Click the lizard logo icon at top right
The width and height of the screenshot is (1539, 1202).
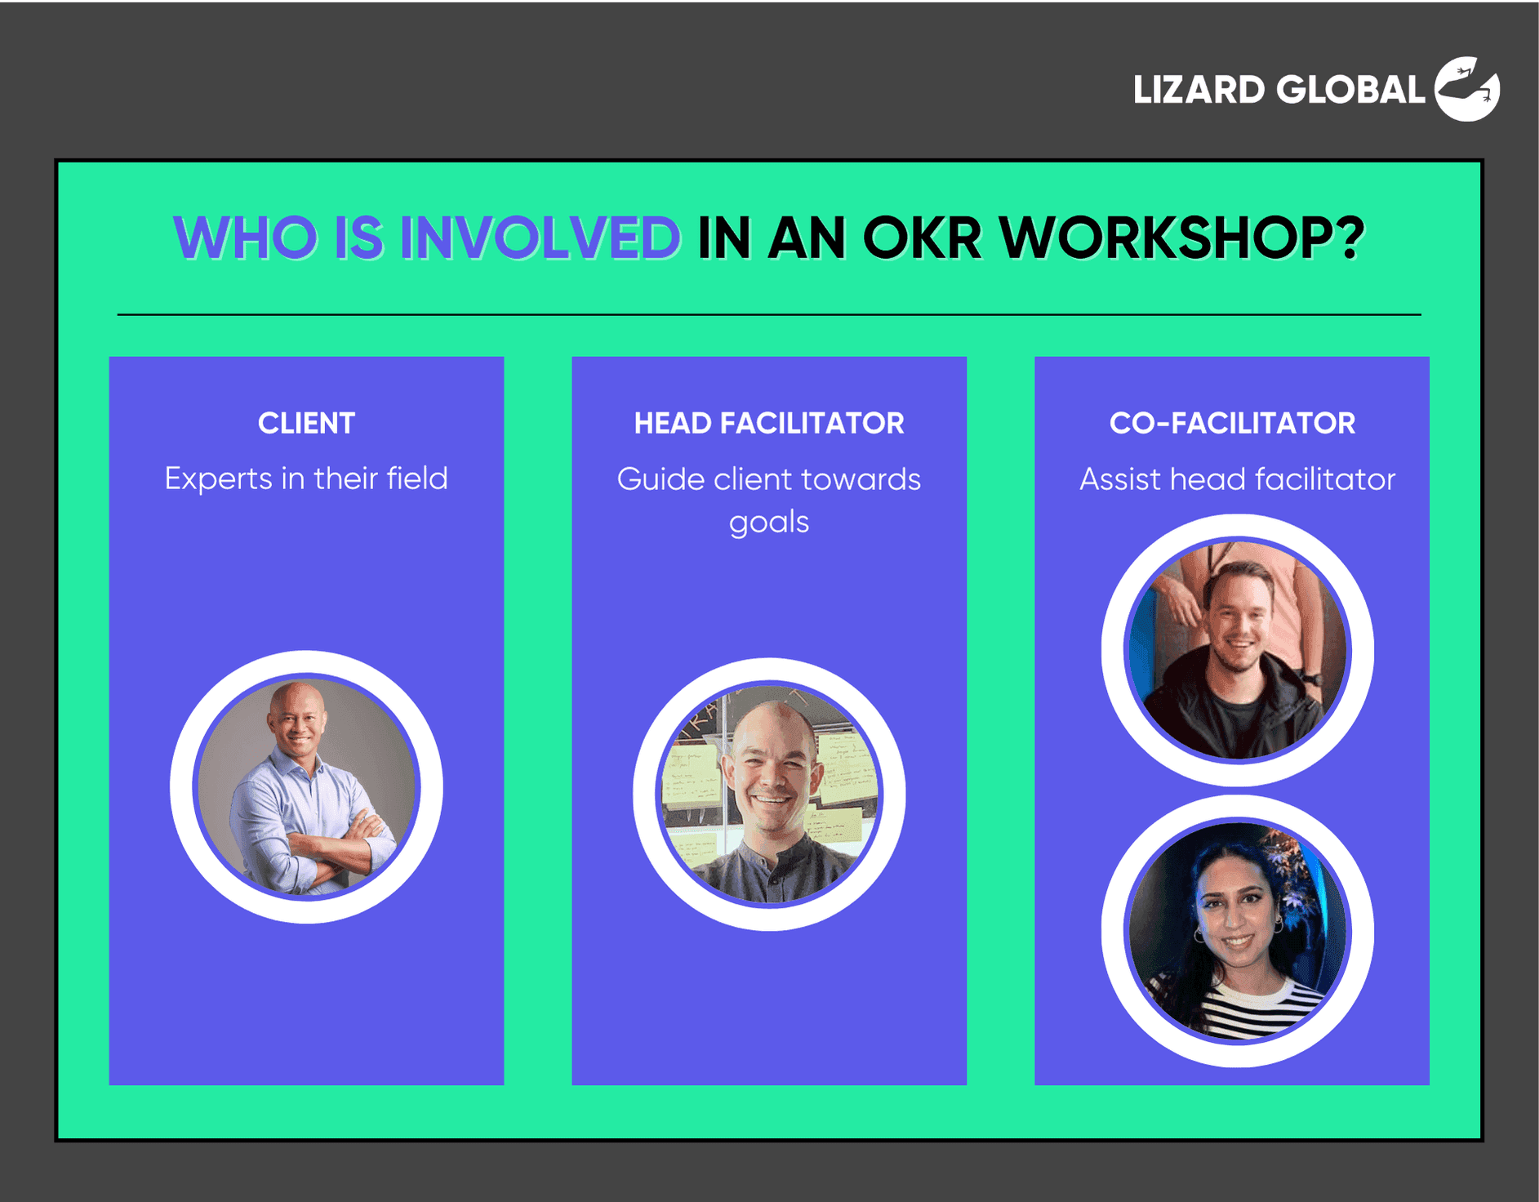pos(1467,89)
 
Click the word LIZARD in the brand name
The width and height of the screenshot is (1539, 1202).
pos(1199,90)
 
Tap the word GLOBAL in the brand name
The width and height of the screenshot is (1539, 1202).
pos(1350,90)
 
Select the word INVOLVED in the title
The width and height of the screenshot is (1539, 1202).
pos(540,238)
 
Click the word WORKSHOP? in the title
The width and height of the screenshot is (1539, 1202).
pos(1182,238)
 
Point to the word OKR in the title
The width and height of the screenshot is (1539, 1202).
pos(922,238)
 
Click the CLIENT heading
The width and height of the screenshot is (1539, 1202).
pos(306,423)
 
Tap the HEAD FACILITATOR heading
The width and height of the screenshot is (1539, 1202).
pos(769,423)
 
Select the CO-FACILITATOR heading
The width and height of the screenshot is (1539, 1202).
pos(1232,423)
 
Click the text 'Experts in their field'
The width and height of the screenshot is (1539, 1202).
pos(306,479)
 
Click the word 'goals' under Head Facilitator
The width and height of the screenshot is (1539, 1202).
pos(769,522)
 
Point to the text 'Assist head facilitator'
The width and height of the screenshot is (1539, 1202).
pos(1237,479)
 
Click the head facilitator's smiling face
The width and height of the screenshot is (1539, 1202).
pos(772,776)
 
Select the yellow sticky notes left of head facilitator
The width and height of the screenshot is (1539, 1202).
pos(690,784)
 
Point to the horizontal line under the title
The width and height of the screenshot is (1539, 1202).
pos(769,314)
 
